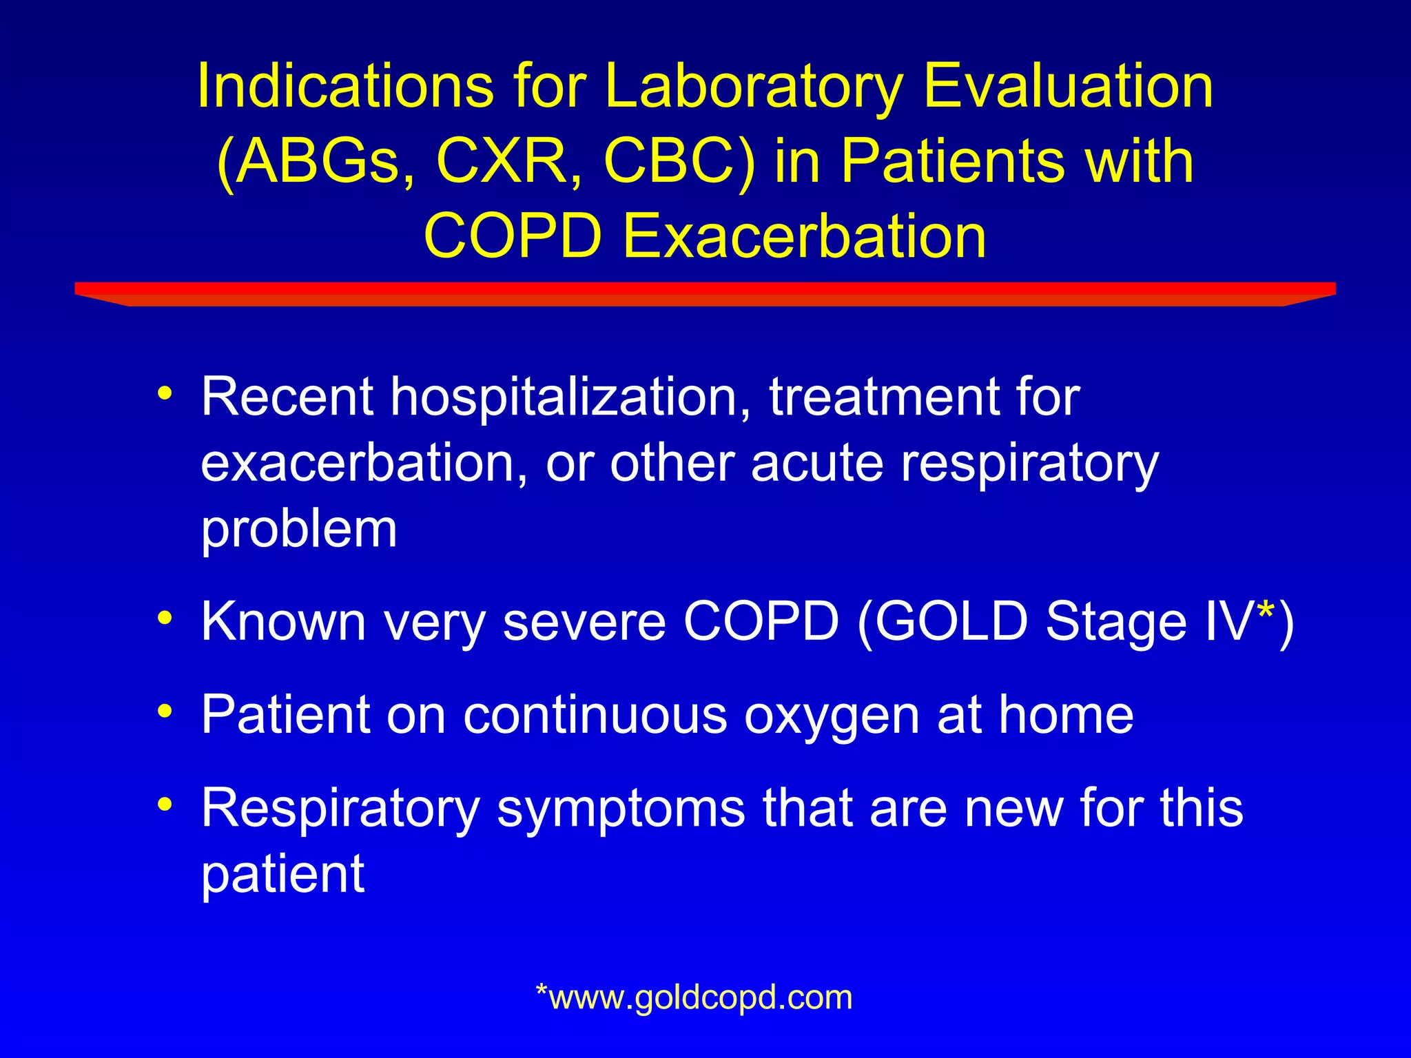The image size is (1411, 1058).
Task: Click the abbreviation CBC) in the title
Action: (679, 163)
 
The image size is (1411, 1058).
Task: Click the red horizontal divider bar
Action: (705, 293)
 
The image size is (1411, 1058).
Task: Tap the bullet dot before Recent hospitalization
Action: (165, 393)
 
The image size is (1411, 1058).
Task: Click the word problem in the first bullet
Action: (298, 530)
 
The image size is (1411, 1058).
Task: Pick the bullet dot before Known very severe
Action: (165, 616)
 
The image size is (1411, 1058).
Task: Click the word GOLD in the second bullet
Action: (951, 621)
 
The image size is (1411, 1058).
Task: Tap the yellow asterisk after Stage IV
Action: (1266, 611)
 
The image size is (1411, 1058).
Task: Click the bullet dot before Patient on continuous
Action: (165, 710)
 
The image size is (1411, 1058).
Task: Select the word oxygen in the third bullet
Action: (832, 716)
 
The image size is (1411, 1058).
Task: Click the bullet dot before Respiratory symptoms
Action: (165, 803)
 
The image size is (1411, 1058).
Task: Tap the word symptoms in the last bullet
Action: (621, 809)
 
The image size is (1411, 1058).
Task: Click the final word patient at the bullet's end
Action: (282, 875)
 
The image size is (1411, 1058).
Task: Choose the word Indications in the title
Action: (345, 87)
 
